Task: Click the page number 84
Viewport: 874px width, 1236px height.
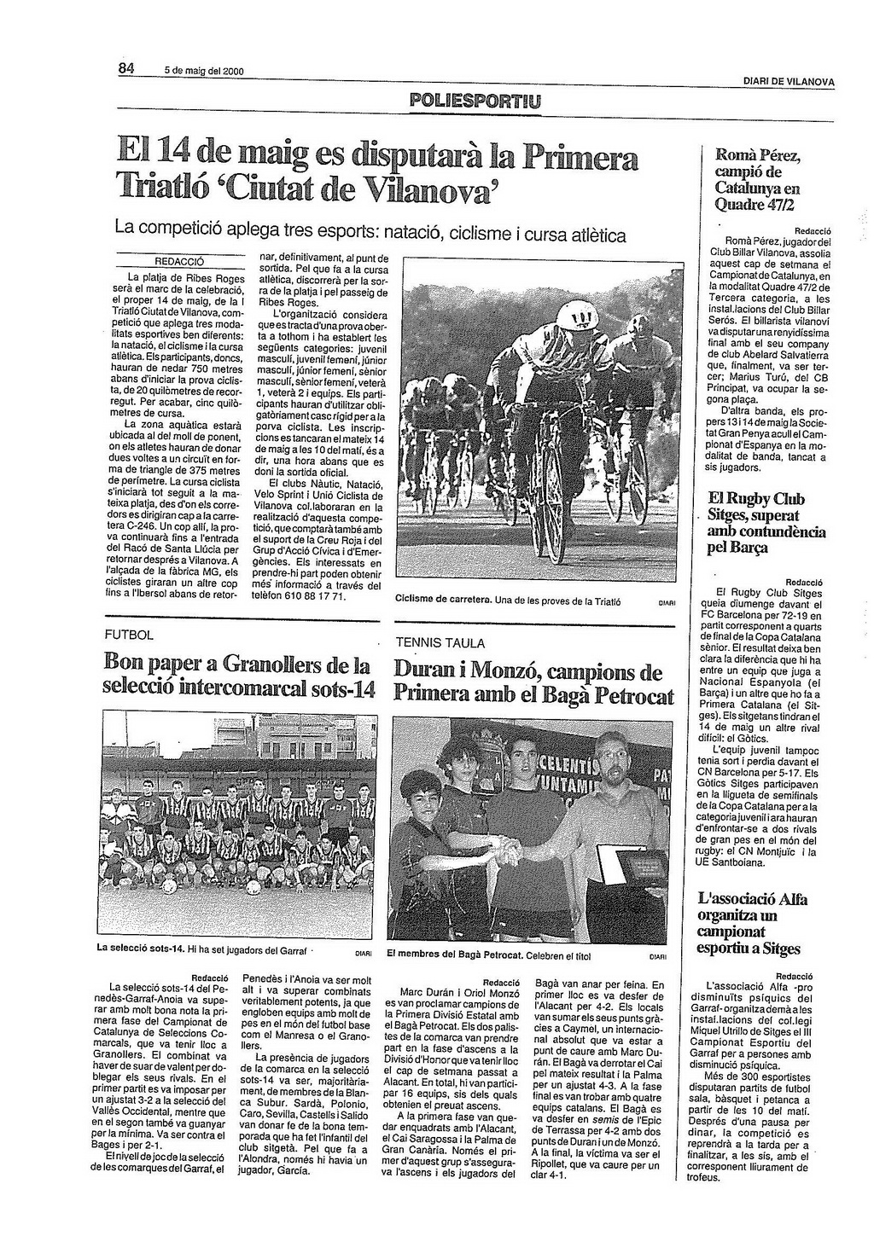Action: pos(126,68)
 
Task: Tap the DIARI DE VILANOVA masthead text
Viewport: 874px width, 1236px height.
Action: pos(788,81)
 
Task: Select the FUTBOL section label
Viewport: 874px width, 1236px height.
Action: pos(129,635)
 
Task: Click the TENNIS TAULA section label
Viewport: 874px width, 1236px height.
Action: pos(440,643)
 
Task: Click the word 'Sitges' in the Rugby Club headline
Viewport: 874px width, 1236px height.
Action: pos(735,515)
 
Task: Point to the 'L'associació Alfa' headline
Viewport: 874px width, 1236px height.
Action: pos(752,898)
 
